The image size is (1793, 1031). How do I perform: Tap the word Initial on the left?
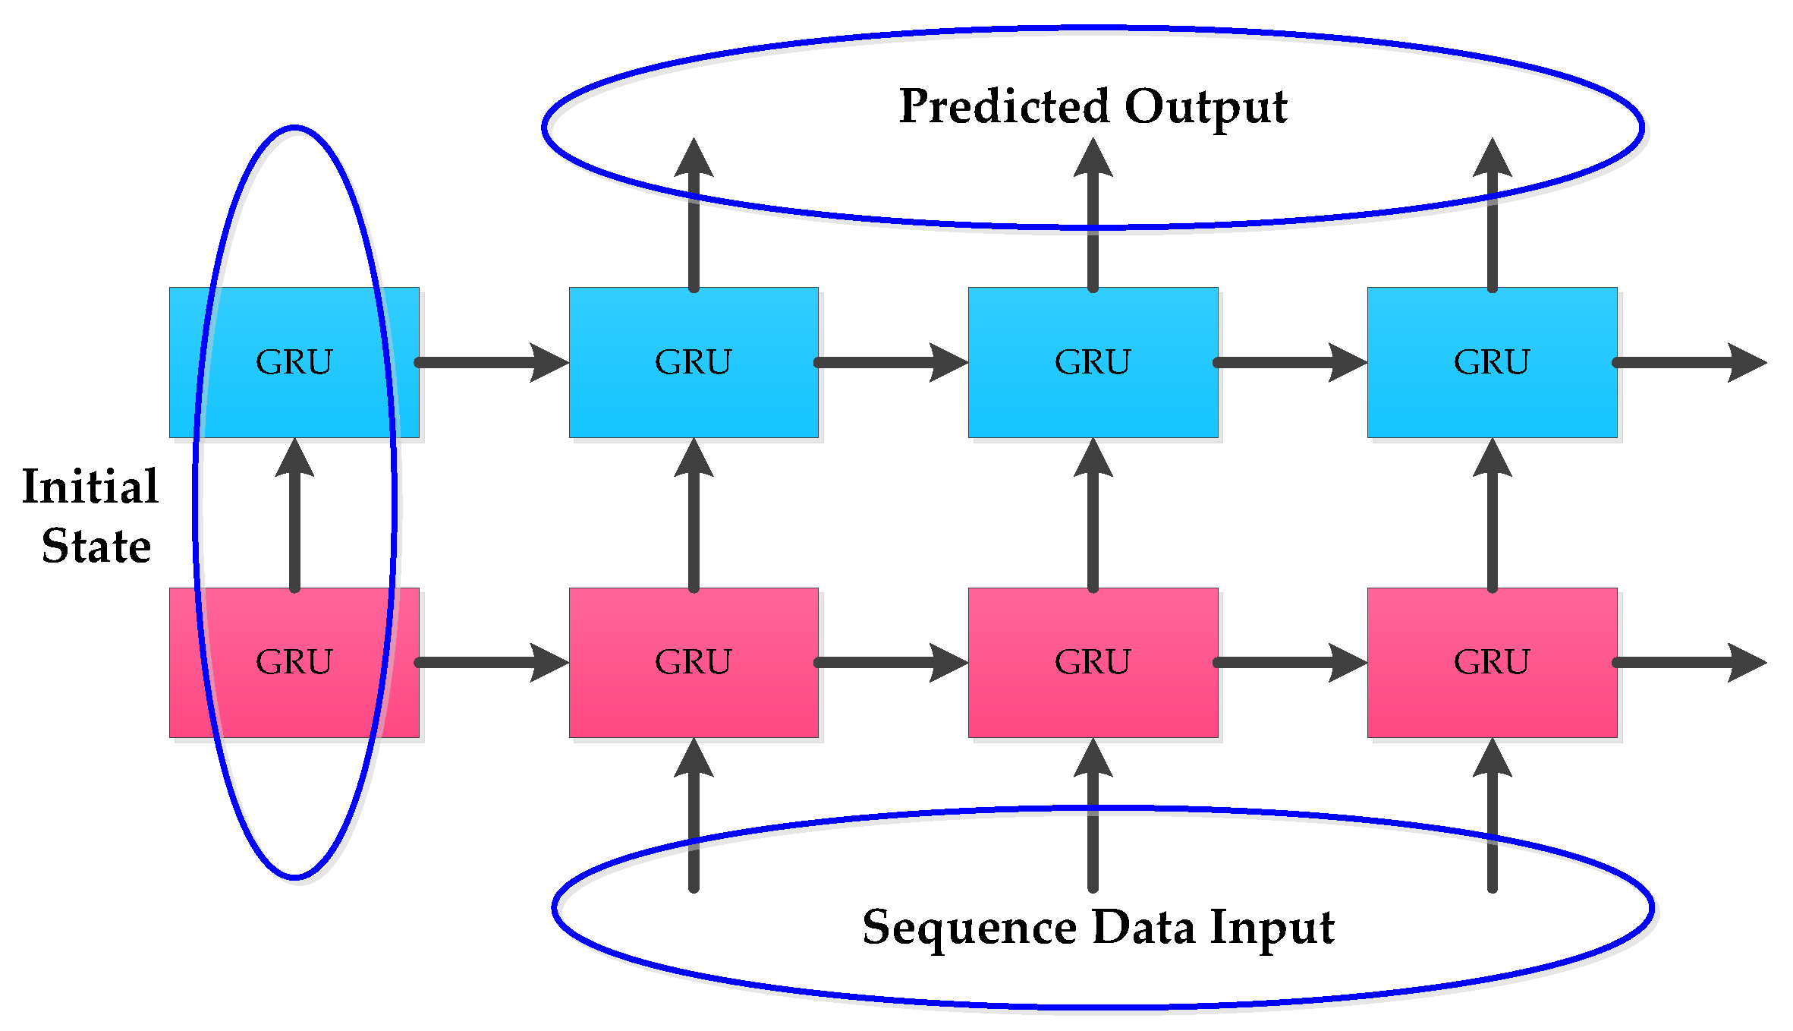(90, 486)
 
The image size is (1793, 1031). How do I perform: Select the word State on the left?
(96, 546)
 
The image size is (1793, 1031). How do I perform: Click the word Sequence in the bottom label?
(969, 928)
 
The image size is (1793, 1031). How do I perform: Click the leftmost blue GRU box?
(294, 362)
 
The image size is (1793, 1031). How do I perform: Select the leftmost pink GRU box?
(294, 662)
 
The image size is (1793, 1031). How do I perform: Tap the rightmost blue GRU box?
(1492, 362)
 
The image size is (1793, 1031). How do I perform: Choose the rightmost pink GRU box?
(1492, 662)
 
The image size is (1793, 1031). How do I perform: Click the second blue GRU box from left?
(694, 362)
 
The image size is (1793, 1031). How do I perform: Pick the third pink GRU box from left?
(1093, 662)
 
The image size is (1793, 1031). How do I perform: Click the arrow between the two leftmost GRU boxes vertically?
(294, 516)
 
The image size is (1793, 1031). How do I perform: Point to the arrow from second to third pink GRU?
(892, 663)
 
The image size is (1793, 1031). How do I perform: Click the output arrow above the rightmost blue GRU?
(1492, 216)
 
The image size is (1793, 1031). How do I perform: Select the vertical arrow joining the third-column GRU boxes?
(1093, 516)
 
